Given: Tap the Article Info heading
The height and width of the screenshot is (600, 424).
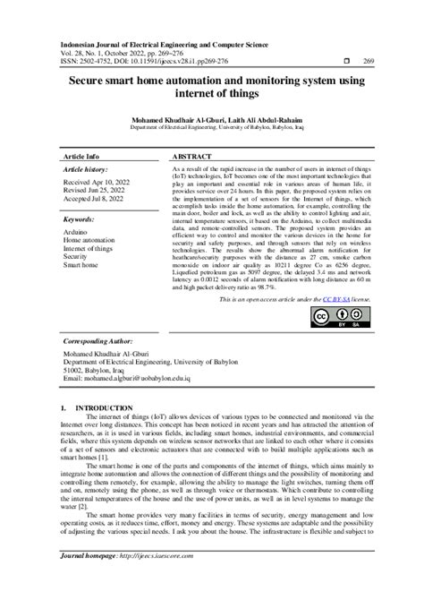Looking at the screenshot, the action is point(81,154).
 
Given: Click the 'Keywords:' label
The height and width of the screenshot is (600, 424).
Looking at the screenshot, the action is point(81,218).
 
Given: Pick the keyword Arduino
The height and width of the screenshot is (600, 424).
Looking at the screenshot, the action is point(75,232).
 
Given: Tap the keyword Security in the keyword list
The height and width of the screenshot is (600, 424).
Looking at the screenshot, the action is point(76,257).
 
